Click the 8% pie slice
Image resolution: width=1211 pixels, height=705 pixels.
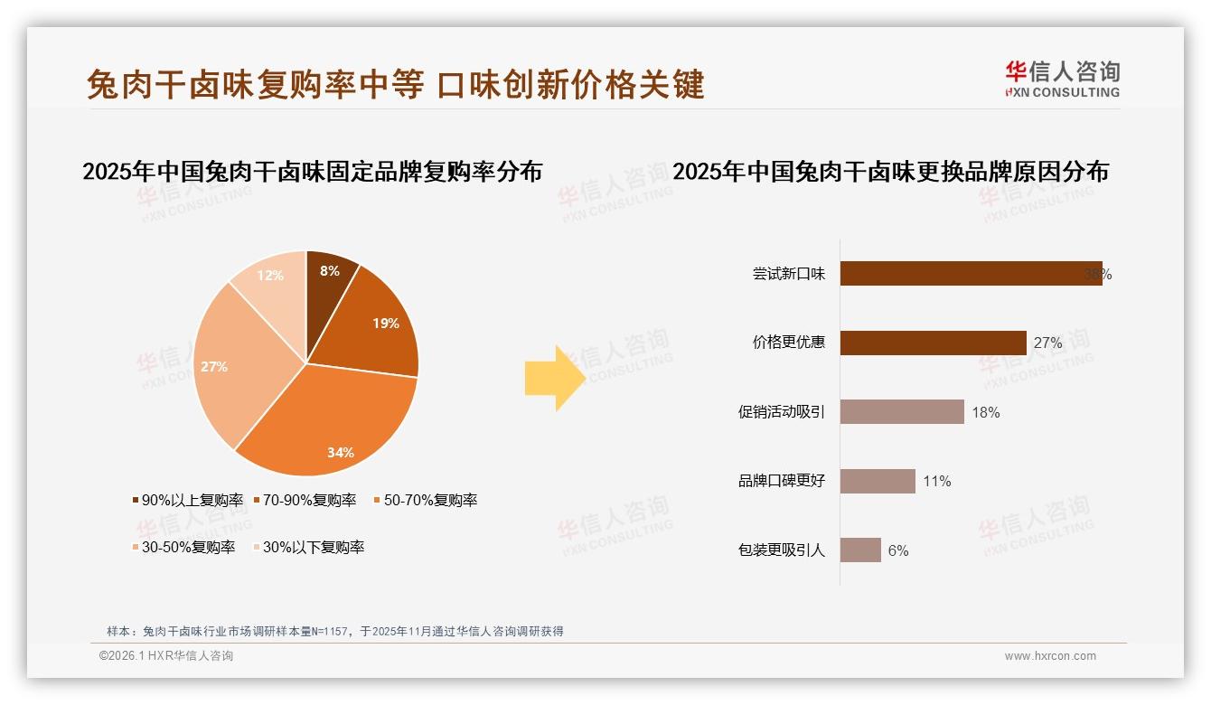click(x=328, y=280)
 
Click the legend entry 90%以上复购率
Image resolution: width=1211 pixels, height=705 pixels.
click(x=188, y=500)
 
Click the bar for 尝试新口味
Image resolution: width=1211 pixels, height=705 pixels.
click(x=971, y=274)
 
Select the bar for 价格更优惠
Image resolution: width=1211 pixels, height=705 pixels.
click(x=933, y=343)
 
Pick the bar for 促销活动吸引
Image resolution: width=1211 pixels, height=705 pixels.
click(x=902, y=412)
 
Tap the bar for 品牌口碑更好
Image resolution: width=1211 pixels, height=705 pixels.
click(x=878, y=481)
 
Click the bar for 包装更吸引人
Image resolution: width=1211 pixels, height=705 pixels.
click(x=860, y=550)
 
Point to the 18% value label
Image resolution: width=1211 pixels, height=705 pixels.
click(x=986, y=412)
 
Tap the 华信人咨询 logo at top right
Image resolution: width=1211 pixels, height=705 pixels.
click(x=1062, y=79)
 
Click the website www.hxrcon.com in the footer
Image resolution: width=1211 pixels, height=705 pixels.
click(x=1050, y=656)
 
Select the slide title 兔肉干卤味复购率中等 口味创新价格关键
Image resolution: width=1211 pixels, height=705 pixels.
click(x=396, y=85)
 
